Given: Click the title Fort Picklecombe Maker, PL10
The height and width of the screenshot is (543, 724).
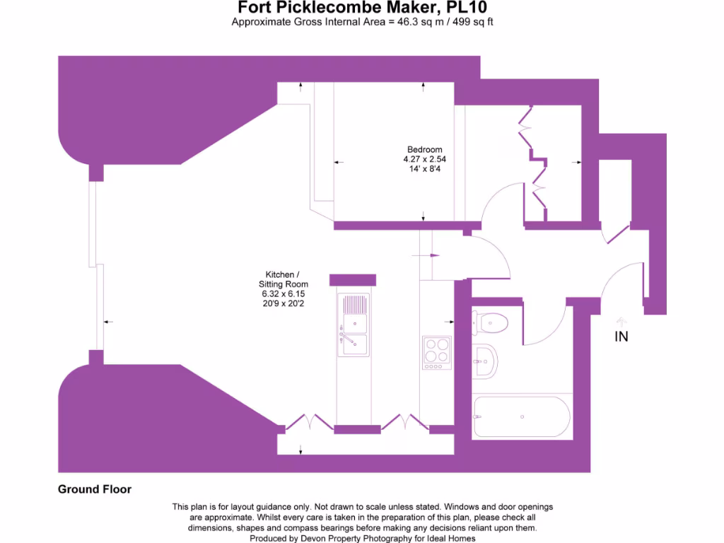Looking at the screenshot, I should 361,8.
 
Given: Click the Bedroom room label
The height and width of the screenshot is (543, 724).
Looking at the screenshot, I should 424,149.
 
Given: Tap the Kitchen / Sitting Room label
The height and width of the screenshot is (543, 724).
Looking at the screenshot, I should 283,279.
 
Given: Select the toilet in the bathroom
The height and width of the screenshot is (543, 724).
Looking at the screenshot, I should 491,322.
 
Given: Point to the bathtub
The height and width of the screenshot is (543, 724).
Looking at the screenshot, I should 522,416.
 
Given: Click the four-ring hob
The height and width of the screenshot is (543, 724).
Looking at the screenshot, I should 436,352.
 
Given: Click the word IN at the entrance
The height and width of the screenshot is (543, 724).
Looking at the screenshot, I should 621,337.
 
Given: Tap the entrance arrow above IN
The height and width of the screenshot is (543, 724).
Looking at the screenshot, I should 621,320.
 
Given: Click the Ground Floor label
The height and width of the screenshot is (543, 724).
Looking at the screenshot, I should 95,489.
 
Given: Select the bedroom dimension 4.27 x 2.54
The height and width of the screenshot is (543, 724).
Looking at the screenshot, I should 424,159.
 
